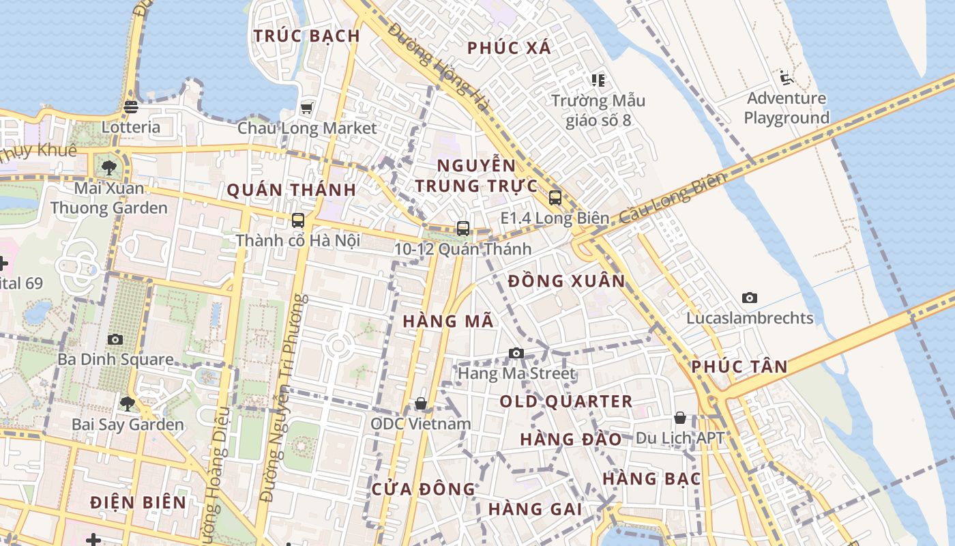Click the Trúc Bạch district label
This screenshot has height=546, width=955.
pyautogui.click(x=306, y=35)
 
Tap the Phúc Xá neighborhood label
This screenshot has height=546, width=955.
pyautogui.click(x=510, y=48)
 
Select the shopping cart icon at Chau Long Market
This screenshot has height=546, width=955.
pyautogui.click(x=306, y=108)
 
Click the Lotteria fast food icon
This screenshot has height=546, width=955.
pyautogui.click(x=131, y=106)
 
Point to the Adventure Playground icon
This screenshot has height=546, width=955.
pyautogui.click(x=786, y=77)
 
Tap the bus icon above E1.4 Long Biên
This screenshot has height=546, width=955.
pyautogui.click(x=555, y=198)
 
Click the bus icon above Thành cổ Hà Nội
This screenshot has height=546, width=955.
pyautogui.click(x=297, y=220)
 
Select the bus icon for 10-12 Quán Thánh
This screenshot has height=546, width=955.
pyautogui.click(x=462, y=228)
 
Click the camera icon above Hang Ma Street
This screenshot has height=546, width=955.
pyautogui.click(x=516, y=353)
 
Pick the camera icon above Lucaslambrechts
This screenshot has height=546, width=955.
pyautogui.click(x=749, y=298)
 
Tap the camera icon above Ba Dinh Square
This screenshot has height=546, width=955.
pyautogui.click(x=115, y=339)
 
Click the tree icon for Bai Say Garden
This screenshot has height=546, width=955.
pyautogui.click(x=128, y=403)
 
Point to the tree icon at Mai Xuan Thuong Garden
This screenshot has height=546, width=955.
pyautogui.click(x=108, y=167)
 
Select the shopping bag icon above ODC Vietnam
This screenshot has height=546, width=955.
pyautogui.click(x=421, y=403)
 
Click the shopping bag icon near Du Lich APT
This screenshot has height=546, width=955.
pyautogui.click(x=679, y=418)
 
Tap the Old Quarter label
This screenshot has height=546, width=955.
pyautogui.click(x=566, y=401)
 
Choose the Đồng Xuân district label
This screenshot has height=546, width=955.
pyautogui.click(x=566, y=281)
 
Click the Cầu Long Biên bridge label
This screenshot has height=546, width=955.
pyautogui.click(x=671, y=198)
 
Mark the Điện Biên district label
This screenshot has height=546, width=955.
pyautogui.click(x=138, y=502)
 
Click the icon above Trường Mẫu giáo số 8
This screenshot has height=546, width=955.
pyautogui.click(x=598, y=81)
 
